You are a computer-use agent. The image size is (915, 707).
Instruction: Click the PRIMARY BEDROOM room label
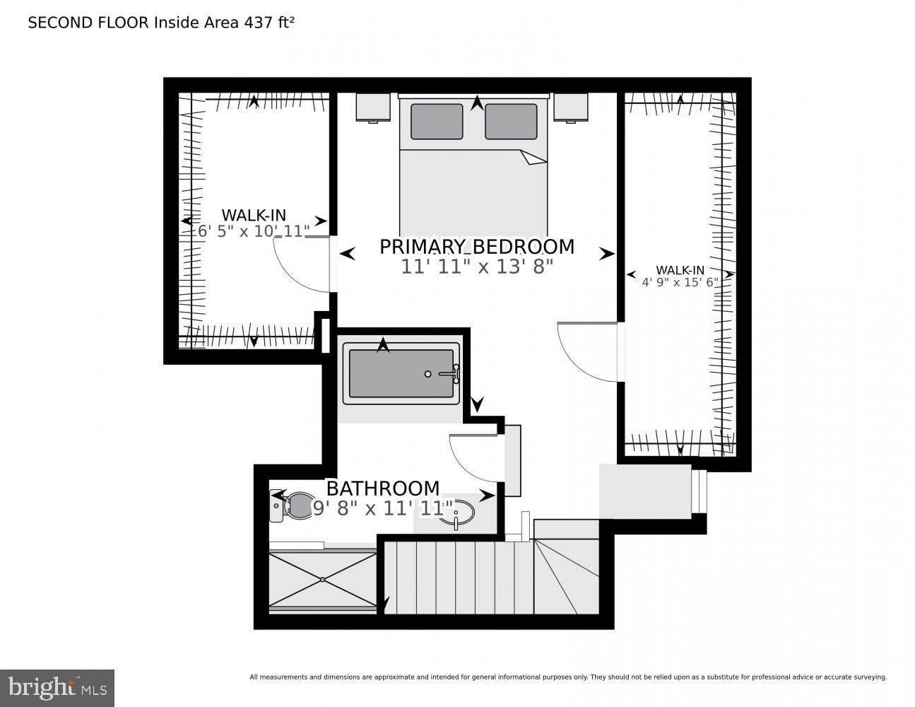pyautogui.click(x=477, y=247)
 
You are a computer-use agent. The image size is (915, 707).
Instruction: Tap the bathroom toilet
pyautogui.click(x=295, y=506)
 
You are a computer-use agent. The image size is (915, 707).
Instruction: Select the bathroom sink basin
pyautogui.click(x=455, y=513)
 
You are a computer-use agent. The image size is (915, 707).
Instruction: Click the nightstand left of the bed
pyautogui.click(x=373, y=107)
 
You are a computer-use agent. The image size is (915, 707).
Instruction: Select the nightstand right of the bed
pyautogui.click(x=572, y=107)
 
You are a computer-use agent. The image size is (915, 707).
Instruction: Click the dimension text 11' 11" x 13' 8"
pyautogui.click(x=477, y=267)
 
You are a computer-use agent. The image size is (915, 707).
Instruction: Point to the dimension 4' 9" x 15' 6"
pyautogui.click(x=680, y=282)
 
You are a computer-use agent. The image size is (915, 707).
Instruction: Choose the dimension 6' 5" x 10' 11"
pyautogui.click(x=254, y=231)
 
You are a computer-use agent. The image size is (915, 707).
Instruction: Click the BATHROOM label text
pyautogui.click(x=382, y=489)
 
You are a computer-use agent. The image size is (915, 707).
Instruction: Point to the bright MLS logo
pyautogui.click(x=57, y=686)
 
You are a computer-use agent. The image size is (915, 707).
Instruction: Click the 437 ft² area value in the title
pyautogui.click(x=269, y=23)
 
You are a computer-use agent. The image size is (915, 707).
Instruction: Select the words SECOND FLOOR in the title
pyautogui.click(x=88, y=23)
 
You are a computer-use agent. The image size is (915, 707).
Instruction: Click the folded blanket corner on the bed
pyautogui.click(x=533, y=158)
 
